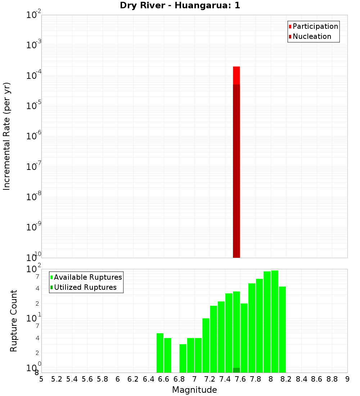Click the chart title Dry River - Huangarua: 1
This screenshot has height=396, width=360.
coord(180,5)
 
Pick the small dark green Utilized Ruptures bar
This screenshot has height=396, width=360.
coord(237,370)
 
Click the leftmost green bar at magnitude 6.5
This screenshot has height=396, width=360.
coord(160,353)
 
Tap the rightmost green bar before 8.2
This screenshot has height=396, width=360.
coord(282,329)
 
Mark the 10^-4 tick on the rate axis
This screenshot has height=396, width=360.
coord(34,76)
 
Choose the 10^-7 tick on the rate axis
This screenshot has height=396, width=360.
coord(34,167)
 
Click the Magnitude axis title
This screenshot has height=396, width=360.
coord(194,390)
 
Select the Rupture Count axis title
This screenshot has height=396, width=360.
coord(14,320)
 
